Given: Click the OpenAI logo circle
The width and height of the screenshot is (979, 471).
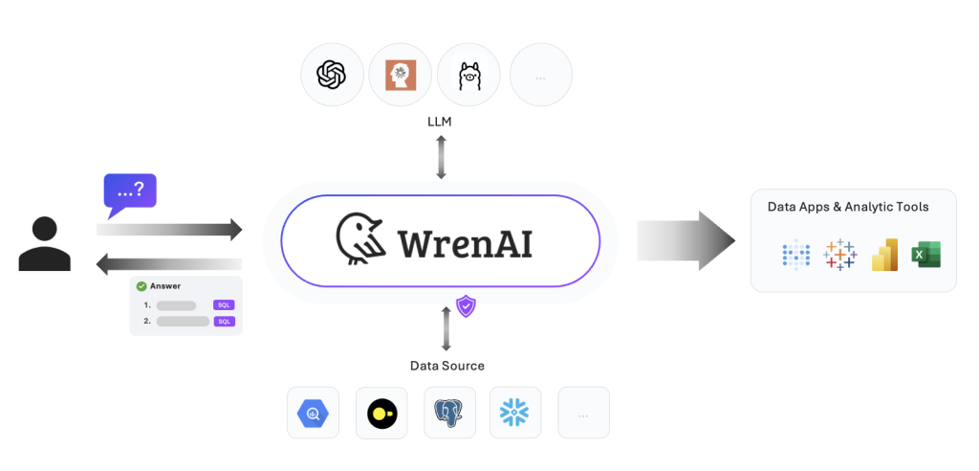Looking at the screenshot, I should (x=332, y=75).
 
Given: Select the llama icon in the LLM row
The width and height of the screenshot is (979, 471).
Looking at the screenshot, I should (x=468, y=75).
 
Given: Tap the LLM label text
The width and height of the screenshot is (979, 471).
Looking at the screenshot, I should (x=440, y=122).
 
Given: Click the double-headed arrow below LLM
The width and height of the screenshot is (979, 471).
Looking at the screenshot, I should (x=441, y=157).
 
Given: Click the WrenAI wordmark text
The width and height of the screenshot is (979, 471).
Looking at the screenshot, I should (x=465, y=241).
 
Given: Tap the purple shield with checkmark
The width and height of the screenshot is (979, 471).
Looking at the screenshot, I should (x=466, y=306).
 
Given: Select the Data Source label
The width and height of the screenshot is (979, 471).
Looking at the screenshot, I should (x=446, y=366).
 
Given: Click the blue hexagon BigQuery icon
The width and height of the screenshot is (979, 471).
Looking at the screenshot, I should (x=313, y=413).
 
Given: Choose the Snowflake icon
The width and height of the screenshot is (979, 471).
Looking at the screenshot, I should (x=515, y=413).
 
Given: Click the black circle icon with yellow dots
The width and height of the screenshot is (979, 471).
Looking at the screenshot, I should (x=381, y=413).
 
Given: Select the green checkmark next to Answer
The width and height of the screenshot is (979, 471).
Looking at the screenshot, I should (x=141, y=285).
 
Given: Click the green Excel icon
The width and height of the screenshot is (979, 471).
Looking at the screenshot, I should (x=925, y=255).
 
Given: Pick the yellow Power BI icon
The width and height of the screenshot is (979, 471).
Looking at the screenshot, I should (x=884, y=255).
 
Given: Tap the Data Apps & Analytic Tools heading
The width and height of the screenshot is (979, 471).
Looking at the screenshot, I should (x=848, y=207).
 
